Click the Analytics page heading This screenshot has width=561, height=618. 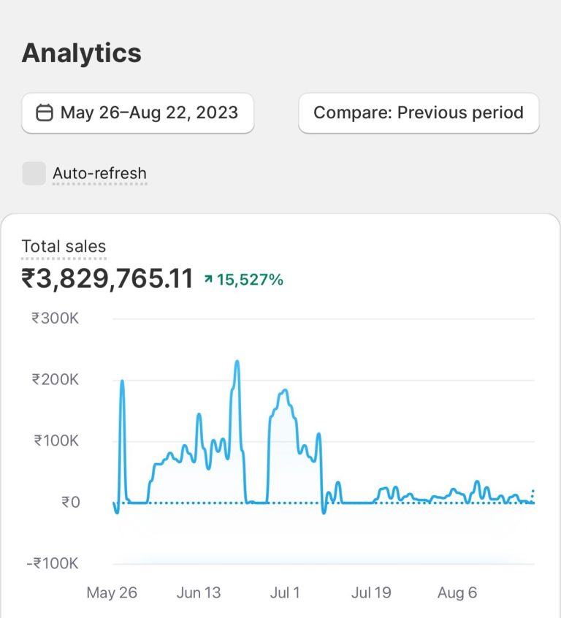[x=81, y=53]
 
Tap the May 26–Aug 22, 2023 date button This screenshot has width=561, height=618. [x=137, y=112]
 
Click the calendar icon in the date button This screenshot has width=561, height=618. [x=45, y=112]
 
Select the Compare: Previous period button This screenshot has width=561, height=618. [x=419, y=112]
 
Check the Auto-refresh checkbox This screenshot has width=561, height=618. [x=34, y=173]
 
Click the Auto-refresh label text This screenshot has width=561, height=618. [x=99, y=173]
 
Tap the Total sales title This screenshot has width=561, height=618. [x=64, y=247]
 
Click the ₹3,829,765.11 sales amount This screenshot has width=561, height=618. [x=107, y=278]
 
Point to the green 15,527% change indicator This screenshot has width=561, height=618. [x=249, y=279]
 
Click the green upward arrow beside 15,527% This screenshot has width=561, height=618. [x=208, y=279]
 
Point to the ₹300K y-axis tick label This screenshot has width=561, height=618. [x=55, y=318]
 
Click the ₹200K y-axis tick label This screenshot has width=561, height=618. [x=55, y=380]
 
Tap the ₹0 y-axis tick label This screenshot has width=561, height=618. [x=70, y=503]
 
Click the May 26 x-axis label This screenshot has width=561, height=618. [x=112, y=592]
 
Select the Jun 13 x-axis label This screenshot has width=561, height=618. [x=199, y=592]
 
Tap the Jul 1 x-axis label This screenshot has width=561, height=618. [x=285, y=592]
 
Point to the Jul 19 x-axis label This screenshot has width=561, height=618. [x=371, y=592]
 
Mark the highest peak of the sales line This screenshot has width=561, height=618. [x=237, y=361]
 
